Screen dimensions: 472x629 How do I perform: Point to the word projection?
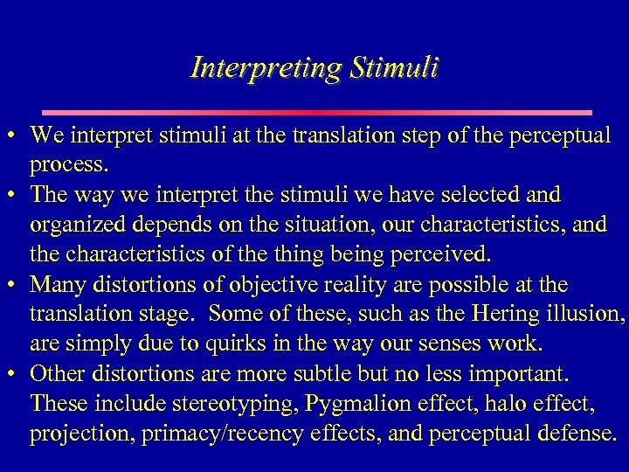pyautogui.click(x=73, y=434)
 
